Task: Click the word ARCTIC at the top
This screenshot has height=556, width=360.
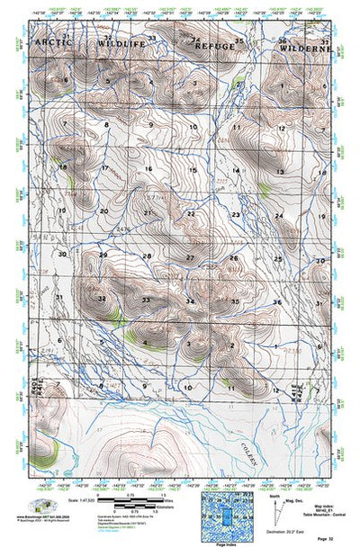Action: tap(54, 42)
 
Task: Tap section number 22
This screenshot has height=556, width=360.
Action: tap(191, 213)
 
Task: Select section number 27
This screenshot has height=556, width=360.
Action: tap(190, 258)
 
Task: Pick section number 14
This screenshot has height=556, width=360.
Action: tap(237, 170)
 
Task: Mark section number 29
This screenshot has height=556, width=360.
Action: tap(103, 256)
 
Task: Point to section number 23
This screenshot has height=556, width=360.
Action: tap(236, 215)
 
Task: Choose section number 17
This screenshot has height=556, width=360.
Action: tap(104, 168)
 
